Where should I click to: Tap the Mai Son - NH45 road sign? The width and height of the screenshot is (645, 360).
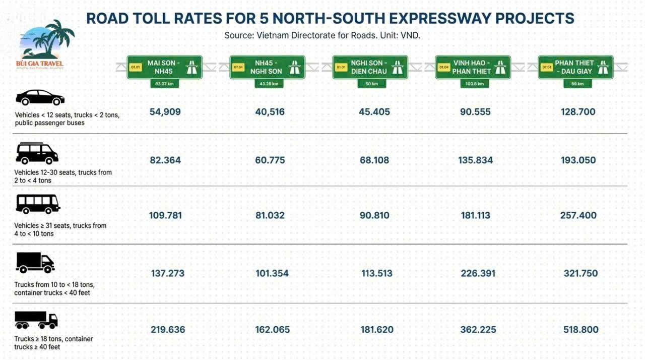[164, 67]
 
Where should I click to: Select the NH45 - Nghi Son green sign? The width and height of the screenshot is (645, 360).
[267, 67]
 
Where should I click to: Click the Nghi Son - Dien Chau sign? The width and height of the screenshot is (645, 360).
[370, 67]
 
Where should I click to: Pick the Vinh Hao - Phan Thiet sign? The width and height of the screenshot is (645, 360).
[473, 67]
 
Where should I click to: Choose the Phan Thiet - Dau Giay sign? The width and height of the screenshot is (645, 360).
[575, 67]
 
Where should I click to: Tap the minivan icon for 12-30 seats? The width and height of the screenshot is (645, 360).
[37, 153]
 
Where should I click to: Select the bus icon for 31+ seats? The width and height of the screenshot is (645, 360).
[38, 204]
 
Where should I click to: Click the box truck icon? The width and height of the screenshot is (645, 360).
[35, 263]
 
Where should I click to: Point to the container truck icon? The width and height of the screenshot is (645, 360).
[36, 320]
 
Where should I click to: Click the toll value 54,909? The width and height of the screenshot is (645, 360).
[165, 112]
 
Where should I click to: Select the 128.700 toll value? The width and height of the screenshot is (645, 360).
[578, 112]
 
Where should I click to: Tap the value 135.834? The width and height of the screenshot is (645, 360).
[476, 160]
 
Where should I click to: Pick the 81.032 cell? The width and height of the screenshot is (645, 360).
[270, 215]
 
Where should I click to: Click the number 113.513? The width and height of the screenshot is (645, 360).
[377, 274]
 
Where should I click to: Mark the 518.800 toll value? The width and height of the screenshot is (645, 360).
[581, 330]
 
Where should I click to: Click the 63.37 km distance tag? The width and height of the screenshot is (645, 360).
[164, 84]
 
